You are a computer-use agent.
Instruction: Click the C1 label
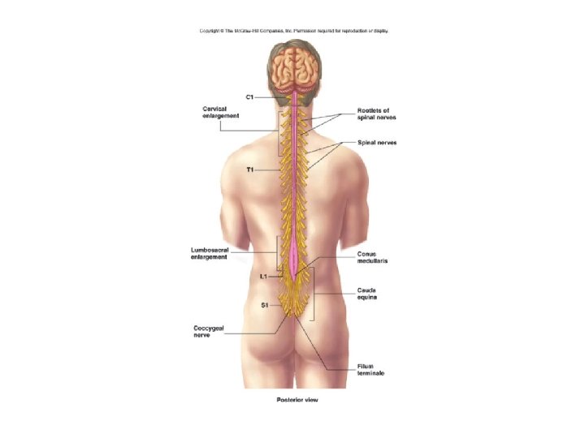click(249, 97)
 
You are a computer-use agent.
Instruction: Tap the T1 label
click(250, 170)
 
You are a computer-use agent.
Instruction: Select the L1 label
click(263, 277)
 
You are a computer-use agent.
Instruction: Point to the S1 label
click(264, 305)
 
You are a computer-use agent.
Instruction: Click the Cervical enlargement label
click(220, 113)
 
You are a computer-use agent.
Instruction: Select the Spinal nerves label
click(377, 143)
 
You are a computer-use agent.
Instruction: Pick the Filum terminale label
click(370, 370)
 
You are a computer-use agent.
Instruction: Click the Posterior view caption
click(293, 400)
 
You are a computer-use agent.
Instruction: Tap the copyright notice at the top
click(293, 31)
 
